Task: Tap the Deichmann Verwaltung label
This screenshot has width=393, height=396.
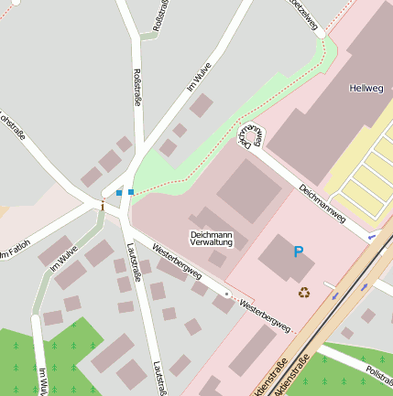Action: [211, 239]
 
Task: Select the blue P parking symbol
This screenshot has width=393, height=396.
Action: [298, 252]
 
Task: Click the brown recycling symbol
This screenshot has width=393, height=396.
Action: [303, 293]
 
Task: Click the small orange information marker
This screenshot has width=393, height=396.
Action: [103, 207]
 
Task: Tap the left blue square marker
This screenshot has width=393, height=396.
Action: [119, 192]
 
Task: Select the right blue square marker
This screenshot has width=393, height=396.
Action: [131, 192]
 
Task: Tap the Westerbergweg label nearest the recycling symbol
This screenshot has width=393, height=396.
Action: [264, 315]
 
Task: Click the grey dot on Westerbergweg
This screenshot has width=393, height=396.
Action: [227, 294]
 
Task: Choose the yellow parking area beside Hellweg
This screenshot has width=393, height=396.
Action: [366, 174]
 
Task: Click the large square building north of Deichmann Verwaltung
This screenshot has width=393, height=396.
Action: [248, 190]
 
